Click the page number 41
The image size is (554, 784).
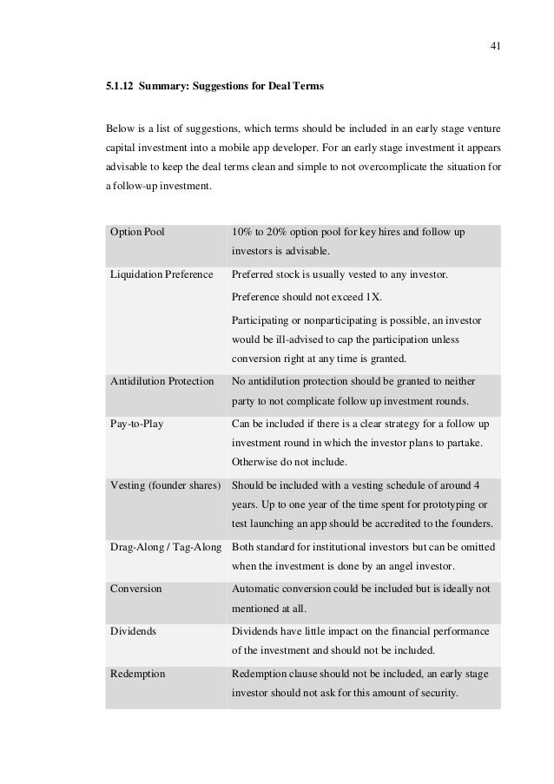pyautogui.click(x=494, y=46)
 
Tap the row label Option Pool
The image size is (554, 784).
pyautogui.click(x=137, y=234)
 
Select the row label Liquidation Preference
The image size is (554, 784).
pyautogui.click(x=161, y=275)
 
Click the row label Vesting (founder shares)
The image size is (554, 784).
pyautogui.click(x=164, y=484)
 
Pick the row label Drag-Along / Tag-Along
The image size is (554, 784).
pyautogui.click(x=164, y=547)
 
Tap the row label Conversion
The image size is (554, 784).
pyautogui.click(x=136, y=589)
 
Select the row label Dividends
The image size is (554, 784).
pyautogui.click(x=134, y=631)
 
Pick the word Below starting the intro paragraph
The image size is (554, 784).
pyautogui.click(x=120, y=129)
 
